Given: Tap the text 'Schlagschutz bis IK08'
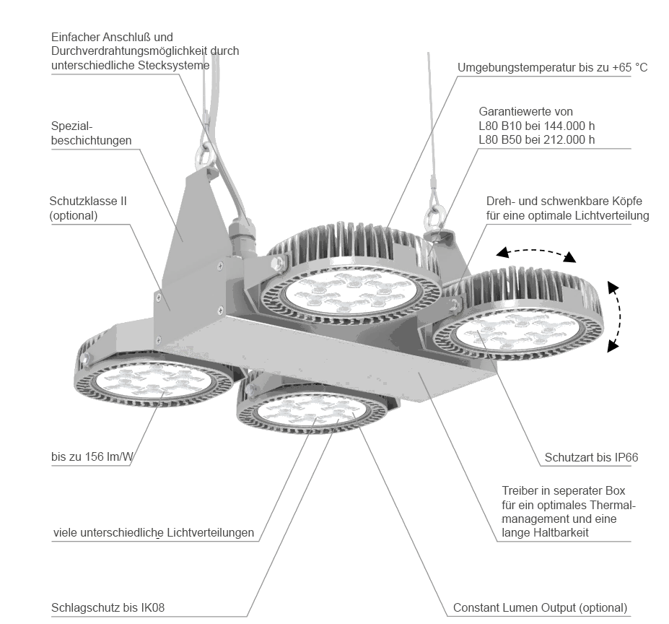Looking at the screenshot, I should tap(108, 607).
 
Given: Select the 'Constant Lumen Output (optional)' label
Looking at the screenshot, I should tap(540, 607).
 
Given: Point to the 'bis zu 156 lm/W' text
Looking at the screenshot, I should tap(92, 456).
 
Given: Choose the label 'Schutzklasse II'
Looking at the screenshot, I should tap(88, 201).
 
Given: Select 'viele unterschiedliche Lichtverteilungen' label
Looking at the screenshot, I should tap(154, 533).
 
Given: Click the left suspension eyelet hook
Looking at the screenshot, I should tap(204, 155).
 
